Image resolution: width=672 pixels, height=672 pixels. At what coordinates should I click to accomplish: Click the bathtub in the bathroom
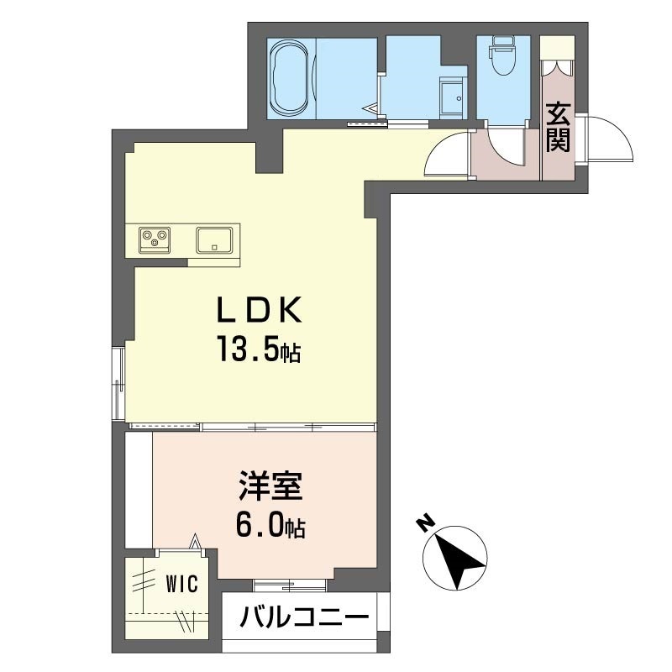(290, 78)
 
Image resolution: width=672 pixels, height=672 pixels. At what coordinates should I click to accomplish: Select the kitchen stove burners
(155, 239)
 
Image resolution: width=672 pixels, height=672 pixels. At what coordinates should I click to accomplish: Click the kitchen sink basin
(214, 239)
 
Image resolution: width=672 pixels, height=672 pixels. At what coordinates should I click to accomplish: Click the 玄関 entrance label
(558, 127)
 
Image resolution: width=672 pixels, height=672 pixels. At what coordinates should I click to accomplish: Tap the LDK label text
(260, 309)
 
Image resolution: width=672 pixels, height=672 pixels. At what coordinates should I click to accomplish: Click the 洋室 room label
(270, 486)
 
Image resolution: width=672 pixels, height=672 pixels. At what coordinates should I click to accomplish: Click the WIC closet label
(182, 583)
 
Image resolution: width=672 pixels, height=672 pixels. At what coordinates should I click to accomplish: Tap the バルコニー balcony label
(304, 617)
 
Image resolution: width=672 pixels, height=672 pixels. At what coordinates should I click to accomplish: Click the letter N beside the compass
(426, 523)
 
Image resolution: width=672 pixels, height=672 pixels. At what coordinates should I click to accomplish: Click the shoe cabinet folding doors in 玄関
(557, 68)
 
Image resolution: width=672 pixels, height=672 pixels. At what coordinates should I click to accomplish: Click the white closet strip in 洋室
(139, 490)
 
